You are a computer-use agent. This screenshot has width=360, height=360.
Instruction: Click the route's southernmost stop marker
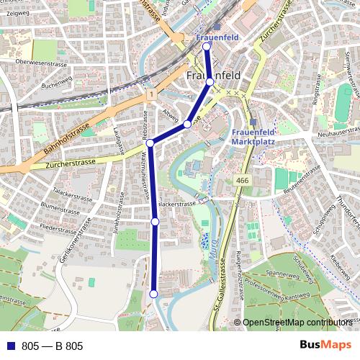pos(153,294)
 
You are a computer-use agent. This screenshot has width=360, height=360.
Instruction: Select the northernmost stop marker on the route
pos(207,47)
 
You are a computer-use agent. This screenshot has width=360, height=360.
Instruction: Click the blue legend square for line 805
pos(9,346)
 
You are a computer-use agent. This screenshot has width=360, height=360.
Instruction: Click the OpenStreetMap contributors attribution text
pos(297,323)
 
